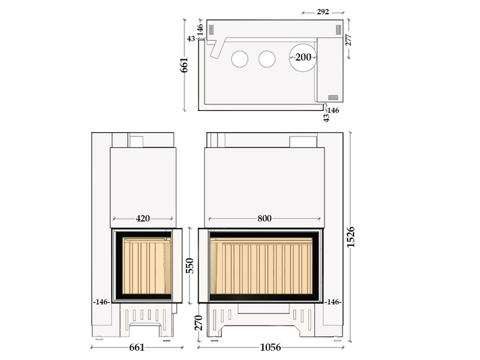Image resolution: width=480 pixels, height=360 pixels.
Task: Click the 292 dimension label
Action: pyautogui.click(x=323, y=12)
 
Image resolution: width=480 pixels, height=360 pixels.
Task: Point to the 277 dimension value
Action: pyautogui.click(x=349, y=40)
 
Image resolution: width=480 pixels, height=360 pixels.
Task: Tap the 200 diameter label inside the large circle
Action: pyautogui.click(x=303, y=57)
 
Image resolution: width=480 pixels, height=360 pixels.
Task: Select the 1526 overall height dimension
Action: pyautogui.click(x=350, y=237)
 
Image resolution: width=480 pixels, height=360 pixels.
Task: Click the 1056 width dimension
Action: pyautogui.click(x=271, y=347)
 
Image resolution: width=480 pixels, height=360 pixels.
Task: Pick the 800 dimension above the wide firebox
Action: pyautogui.click(x=264, y=218)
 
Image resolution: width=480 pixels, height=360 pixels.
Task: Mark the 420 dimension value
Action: pyautogui.click(x=143, y=218)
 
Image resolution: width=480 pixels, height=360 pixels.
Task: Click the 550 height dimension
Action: pyautogui.click(x=190, y=266)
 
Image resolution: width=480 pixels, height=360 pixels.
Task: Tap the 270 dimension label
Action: pyautogui.click(x=199, y=323)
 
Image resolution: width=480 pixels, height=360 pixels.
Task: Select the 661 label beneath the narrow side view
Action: pyautogui.click(x=137, y=347)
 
